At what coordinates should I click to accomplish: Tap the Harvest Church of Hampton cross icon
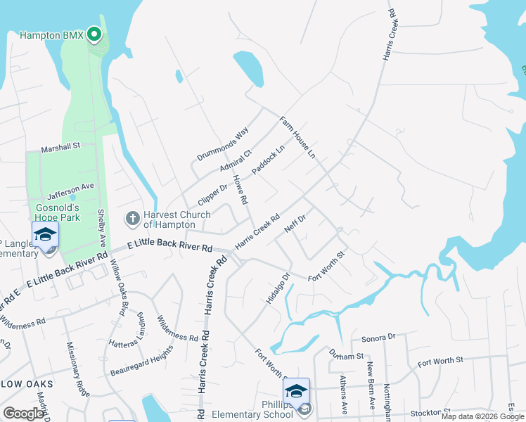click(132, 219)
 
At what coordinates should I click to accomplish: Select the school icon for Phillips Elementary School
click(296, 391)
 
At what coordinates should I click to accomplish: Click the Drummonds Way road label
click(223, 144)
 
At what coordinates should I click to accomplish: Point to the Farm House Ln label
click(297, 136)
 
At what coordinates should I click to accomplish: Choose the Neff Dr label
click(295, 224)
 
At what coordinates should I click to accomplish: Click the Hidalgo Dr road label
click(278, 288)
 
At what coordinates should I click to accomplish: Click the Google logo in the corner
click(23, 414)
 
